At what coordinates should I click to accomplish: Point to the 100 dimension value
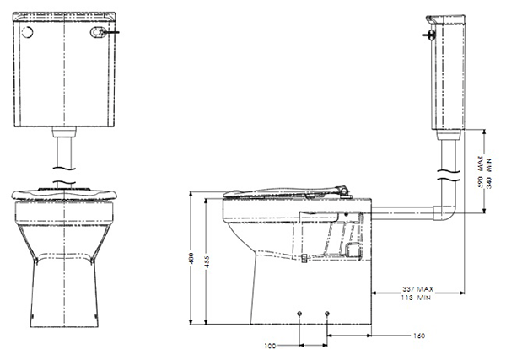click(x=271, y=346)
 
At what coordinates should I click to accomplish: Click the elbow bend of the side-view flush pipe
click(x=449, y=212)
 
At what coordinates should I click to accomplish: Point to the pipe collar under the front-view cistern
click(x=63, y=132)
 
